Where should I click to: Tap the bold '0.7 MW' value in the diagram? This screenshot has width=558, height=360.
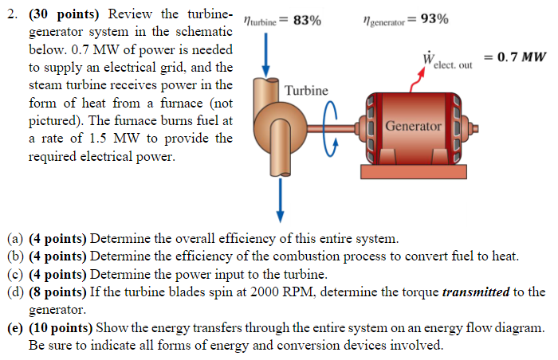521,57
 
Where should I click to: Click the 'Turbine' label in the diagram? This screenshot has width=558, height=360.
306,91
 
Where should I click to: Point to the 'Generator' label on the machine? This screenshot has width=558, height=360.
413,126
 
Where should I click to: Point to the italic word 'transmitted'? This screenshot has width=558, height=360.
476,292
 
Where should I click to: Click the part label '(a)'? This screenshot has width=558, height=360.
15,238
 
